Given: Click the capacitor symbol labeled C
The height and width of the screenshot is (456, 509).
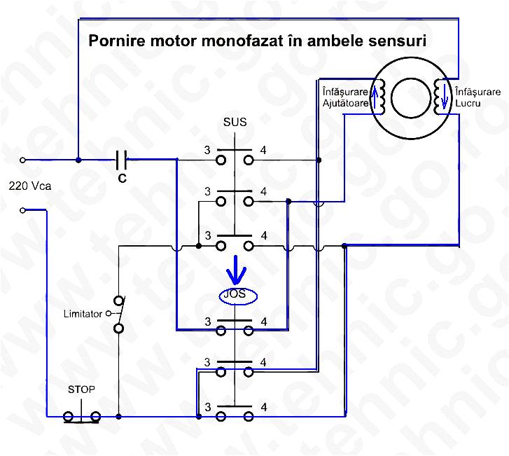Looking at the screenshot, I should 121,160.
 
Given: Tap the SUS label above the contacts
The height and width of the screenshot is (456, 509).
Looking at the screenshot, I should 235,123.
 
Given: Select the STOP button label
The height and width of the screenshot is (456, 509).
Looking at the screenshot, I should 81,389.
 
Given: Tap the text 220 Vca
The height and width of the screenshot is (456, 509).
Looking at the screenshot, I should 27,186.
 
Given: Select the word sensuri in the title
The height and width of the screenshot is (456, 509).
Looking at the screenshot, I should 397,41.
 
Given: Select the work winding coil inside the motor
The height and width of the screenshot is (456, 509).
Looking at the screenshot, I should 441,97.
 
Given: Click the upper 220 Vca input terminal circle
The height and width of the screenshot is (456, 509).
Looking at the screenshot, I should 22,160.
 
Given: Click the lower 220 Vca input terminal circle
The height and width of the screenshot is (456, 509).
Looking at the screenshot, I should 22,210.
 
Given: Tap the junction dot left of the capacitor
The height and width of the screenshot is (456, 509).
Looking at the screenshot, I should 78,160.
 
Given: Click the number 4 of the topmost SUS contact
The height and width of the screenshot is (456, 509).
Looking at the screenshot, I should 263,150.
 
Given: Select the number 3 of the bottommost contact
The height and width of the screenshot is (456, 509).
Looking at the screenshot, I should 207,406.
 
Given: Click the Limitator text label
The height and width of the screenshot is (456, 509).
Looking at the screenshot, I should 83,313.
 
